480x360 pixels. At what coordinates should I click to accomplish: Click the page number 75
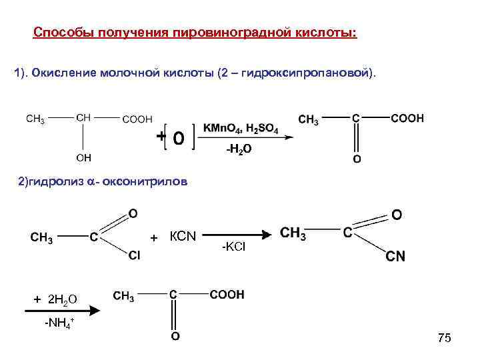pos(445,339)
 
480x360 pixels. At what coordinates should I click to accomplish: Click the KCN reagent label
pos(182,236)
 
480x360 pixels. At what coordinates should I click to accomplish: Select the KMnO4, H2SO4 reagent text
pos(241,128)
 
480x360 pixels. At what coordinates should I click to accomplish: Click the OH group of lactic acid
pos(84,158)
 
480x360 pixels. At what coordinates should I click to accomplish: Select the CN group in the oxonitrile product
pos(396,257)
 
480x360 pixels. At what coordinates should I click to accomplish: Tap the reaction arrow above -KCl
pos(237,234)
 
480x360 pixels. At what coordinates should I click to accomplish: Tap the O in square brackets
pos(178,138)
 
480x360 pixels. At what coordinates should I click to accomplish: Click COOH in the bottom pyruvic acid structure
pos(227,294)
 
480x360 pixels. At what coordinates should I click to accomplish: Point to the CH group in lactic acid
pos(84,117)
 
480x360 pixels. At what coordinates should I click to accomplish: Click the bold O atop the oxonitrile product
pos(397,216)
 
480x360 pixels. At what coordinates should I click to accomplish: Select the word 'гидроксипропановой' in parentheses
pos(301,72)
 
